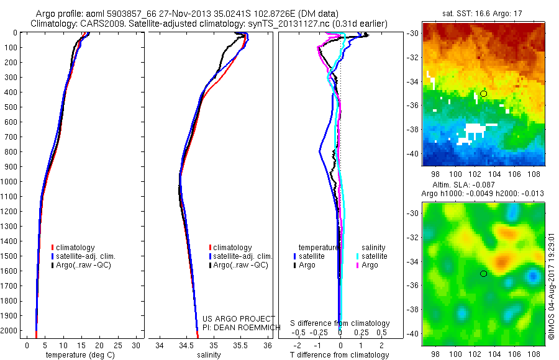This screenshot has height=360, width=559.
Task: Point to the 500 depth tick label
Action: [x=11, y=107]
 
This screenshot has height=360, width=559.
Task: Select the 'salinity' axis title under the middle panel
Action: [x=209, y=355]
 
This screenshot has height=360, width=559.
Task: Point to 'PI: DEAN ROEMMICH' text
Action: [x=238, y=326]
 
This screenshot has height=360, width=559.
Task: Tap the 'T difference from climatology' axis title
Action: [x=340, y=355]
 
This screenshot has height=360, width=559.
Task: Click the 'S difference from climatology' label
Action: [x=340, y=323]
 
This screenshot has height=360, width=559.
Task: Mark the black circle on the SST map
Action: [x=483, y=94]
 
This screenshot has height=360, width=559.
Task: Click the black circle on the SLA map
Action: [x=483, y=274]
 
